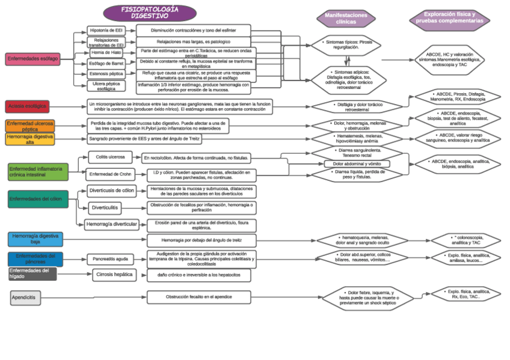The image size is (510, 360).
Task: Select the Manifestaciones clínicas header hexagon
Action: [x=346, y=18]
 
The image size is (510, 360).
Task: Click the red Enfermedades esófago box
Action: [x=32, y=59]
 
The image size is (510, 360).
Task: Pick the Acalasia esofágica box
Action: [x=27, y=106]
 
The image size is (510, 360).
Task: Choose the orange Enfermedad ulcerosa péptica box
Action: [x=30, y=126]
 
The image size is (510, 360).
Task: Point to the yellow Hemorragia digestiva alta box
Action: [x=30, y=139]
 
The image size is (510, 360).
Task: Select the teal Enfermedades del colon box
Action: [x=38, y=198]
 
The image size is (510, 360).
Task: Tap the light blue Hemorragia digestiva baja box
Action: [x=35, y=239]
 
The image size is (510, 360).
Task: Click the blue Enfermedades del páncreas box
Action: [x=35, y=259]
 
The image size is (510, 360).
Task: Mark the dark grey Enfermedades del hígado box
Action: [x=32, y=274]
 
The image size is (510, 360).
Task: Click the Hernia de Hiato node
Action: [x=106, y=53]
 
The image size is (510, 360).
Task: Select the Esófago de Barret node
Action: [x=106, y=63]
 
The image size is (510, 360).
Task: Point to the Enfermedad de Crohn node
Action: [x=109, y=175]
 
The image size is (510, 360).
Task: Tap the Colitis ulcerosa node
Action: [x=110, y=157]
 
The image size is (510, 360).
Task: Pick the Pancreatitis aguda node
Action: [x=111, y=260]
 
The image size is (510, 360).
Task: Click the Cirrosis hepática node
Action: [x=114, y=275]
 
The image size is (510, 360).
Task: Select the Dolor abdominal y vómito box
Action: [x=357, y=163]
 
